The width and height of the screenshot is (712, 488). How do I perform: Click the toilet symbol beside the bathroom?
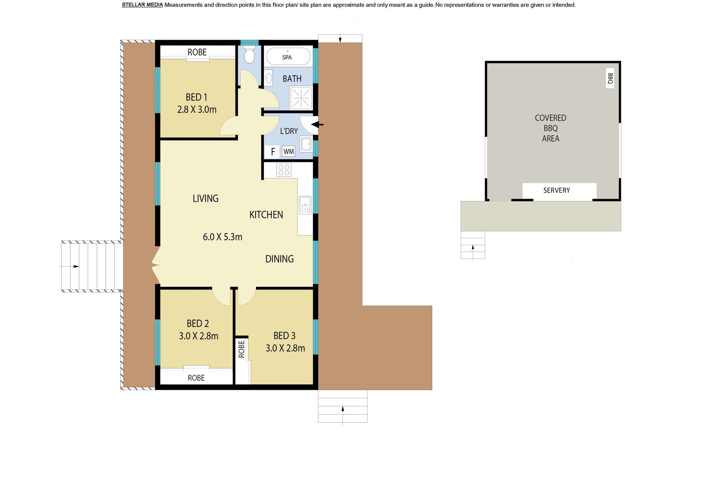click(x=250, y=55)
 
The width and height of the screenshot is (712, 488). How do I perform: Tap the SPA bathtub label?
click(x=287, y=57)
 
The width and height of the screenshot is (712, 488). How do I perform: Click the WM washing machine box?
click(x=289, y=151)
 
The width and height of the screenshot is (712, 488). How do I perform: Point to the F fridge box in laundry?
click(x=273, y=151)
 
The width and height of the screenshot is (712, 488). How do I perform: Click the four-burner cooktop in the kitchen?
click(x=284, y=170)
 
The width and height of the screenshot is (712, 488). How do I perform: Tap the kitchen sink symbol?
click(x=305, y=205)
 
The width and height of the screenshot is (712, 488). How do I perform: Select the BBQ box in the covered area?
click(x=610, y=78)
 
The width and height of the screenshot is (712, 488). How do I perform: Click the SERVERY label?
click(x=557, y=190)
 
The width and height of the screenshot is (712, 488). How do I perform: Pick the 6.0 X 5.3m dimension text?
click(x=222, y=237)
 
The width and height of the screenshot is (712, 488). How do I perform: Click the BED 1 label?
click(x=197, y=97)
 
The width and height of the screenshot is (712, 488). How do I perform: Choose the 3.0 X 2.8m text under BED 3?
click(x=285, y=348)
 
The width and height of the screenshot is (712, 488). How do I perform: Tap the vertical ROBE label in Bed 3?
click(x=241, y=349)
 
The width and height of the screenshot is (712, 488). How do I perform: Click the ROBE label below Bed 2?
click(x=196, y=378)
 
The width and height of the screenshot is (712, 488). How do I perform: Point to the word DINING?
click(x=280, y=259)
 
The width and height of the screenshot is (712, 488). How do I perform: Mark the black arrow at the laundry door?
click(x=318, y=125)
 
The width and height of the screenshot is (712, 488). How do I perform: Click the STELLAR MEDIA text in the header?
click(x=142, y=5)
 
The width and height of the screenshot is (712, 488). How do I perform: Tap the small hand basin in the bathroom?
click(x=269, y=78)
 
